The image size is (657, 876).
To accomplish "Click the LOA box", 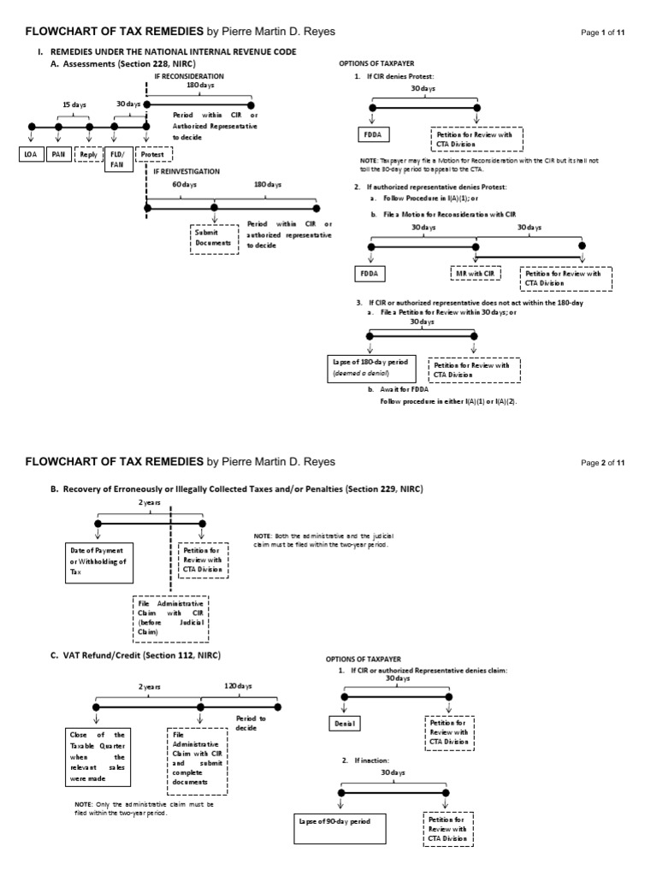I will (31, 154).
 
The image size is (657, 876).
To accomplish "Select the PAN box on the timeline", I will (59, 154).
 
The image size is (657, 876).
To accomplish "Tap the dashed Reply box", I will (89, 154).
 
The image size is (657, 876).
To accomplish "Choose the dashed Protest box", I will (154, 154).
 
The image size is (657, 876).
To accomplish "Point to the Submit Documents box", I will (213, 237).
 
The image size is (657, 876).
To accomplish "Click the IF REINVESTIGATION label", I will (186, 172).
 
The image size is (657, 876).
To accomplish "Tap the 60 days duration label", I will (184, 185).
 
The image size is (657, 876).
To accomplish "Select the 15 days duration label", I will (74, 104).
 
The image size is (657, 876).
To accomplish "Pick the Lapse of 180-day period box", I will (370, 369).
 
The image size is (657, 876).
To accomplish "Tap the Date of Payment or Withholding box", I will (97, 561).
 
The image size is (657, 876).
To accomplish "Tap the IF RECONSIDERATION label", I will (189, 75).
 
